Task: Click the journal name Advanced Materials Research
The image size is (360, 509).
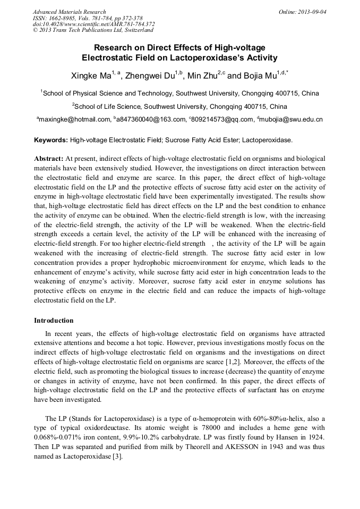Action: pos(69,12)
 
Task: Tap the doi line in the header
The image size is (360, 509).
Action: pos(93,24)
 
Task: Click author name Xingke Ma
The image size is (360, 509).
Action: pos(91,76)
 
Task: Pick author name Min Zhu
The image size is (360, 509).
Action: pos(202,76)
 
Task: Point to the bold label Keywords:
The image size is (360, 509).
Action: pos(51,141)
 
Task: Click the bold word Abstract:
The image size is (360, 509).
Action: pos(49,159)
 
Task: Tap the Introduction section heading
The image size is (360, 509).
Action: pos(54,321)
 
